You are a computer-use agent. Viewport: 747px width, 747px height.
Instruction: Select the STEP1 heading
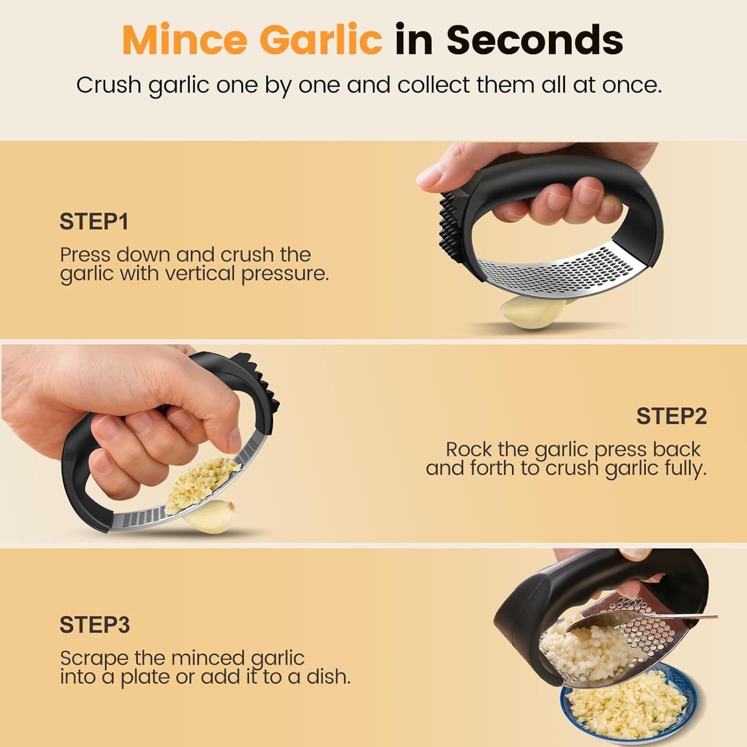click(x=94, y=222)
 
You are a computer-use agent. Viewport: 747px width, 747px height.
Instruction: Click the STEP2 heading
click(x=671, y=416)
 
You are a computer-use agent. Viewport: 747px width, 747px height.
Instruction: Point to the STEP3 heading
click(x=95, y=624)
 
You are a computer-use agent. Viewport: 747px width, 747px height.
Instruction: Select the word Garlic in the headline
click(x=321, y=40)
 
